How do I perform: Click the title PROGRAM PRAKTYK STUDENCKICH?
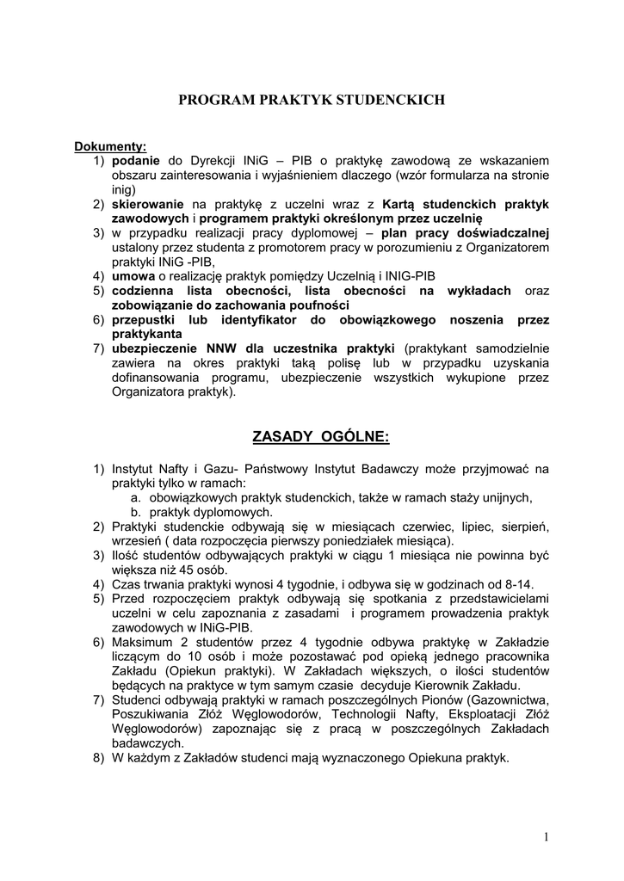coord(311,101)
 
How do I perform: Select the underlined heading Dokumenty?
coord(110,146)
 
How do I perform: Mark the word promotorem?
coord(323,248)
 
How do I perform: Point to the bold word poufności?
coord(318,305)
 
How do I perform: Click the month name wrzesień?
coord(138,540)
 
